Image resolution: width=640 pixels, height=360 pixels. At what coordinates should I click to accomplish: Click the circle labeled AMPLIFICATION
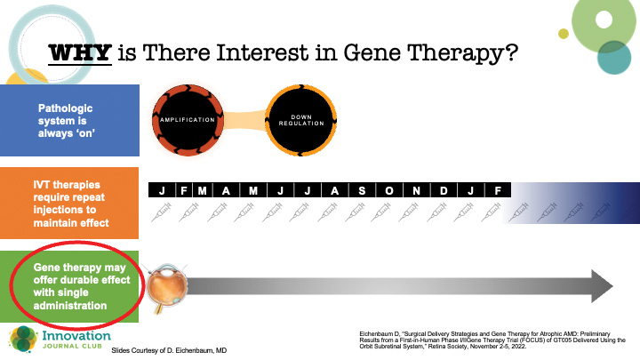coord(188,118)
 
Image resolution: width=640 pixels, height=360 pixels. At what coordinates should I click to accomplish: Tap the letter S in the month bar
coord(361,191)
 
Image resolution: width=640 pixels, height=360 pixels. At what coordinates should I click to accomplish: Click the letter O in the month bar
coord(388,191)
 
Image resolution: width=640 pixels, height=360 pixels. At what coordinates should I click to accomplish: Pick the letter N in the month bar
coord(416,191)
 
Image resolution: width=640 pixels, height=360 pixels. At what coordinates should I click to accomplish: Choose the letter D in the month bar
coord(444,191)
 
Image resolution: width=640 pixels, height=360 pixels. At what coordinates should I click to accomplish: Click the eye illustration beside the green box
coord(165,286)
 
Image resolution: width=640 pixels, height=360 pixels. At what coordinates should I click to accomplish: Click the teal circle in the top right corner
coord(614,57)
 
